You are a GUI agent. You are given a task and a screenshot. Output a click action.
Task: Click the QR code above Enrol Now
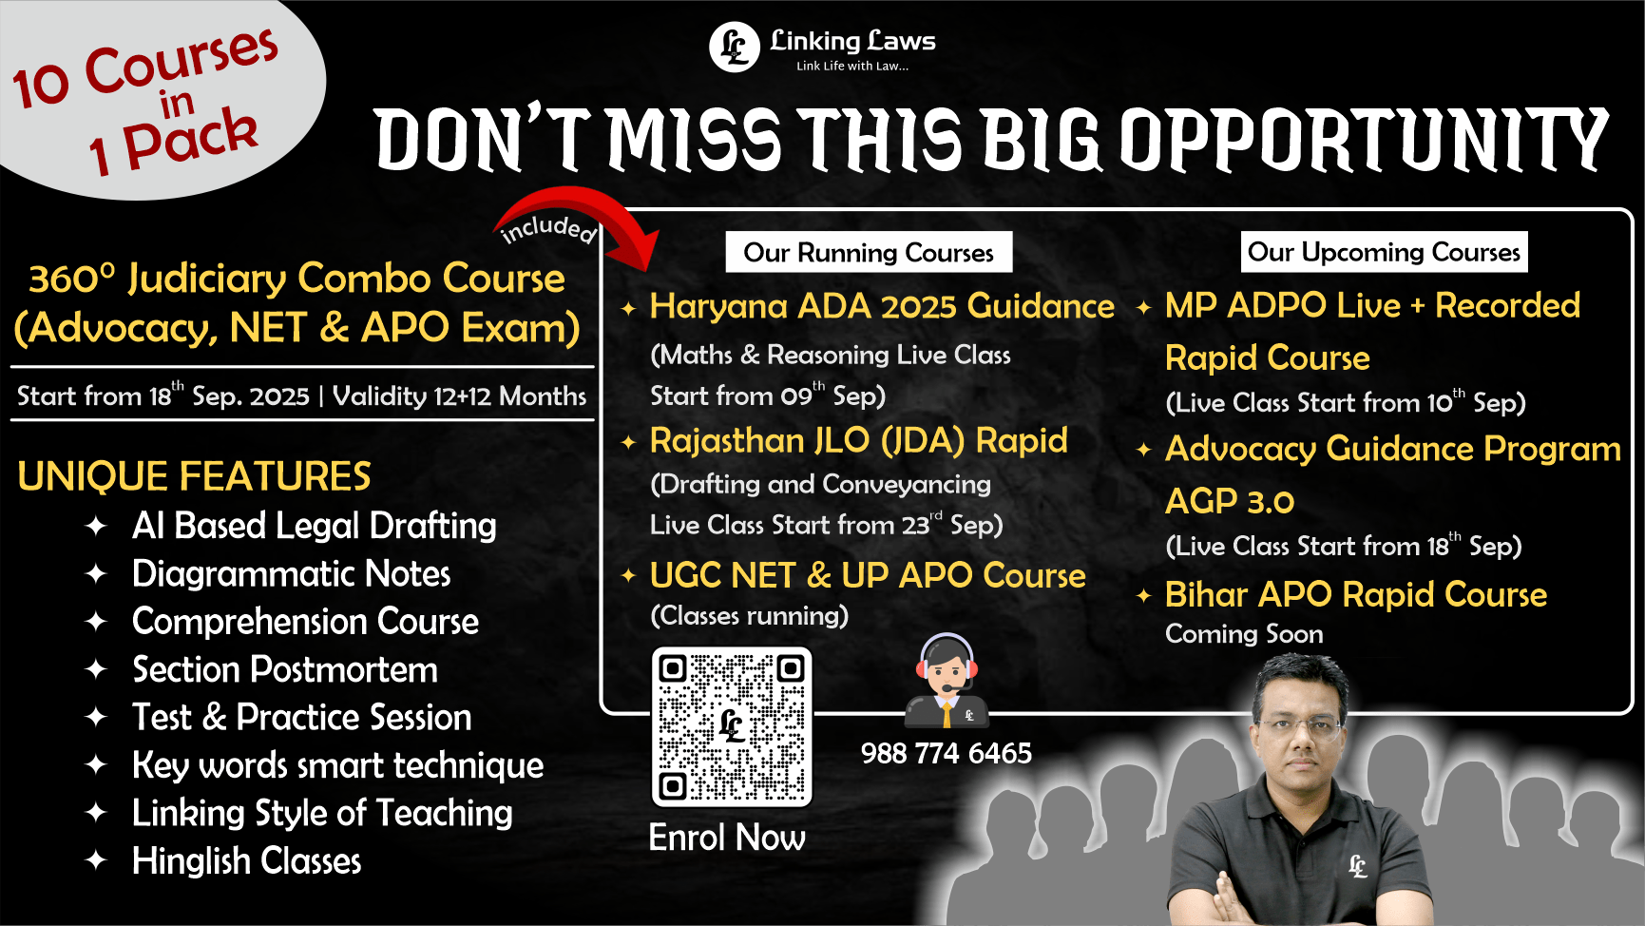click(731, 726)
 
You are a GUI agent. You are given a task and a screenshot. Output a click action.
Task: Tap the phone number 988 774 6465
click(946, 753)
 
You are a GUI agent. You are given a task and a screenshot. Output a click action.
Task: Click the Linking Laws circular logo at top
click(734, 47)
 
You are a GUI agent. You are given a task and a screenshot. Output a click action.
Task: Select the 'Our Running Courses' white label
click(869, 252)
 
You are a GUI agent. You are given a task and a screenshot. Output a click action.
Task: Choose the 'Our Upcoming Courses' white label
click(1384, 252)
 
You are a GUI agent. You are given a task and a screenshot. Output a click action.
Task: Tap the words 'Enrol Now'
click(727, 838)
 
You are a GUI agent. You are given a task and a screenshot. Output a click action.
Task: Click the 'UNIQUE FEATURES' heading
click(194, 476)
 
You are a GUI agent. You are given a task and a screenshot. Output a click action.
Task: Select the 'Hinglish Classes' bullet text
click(247, 861)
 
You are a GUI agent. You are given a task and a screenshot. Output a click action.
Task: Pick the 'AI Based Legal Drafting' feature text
click(314, 526)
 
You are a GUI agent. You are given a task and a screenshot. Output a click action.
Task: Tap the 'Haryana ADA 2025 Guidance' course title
click(882, 306)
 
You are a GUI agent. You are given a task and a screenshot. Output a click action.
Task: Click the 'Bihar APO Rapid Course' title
click(1356, 594)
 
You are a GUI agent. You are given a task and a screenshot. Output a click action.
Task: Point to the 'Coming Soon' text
click(1244, 634)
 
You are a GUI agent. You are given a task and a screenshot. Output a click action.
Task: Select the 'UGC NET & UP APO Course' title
click(868, 575)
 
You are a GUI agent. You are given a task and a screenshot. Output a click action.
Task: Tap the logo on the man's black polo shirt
click(1358, 866)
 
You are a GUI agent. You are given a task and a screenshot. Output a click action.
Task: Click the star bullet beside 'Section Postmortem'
click(96, 669)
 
